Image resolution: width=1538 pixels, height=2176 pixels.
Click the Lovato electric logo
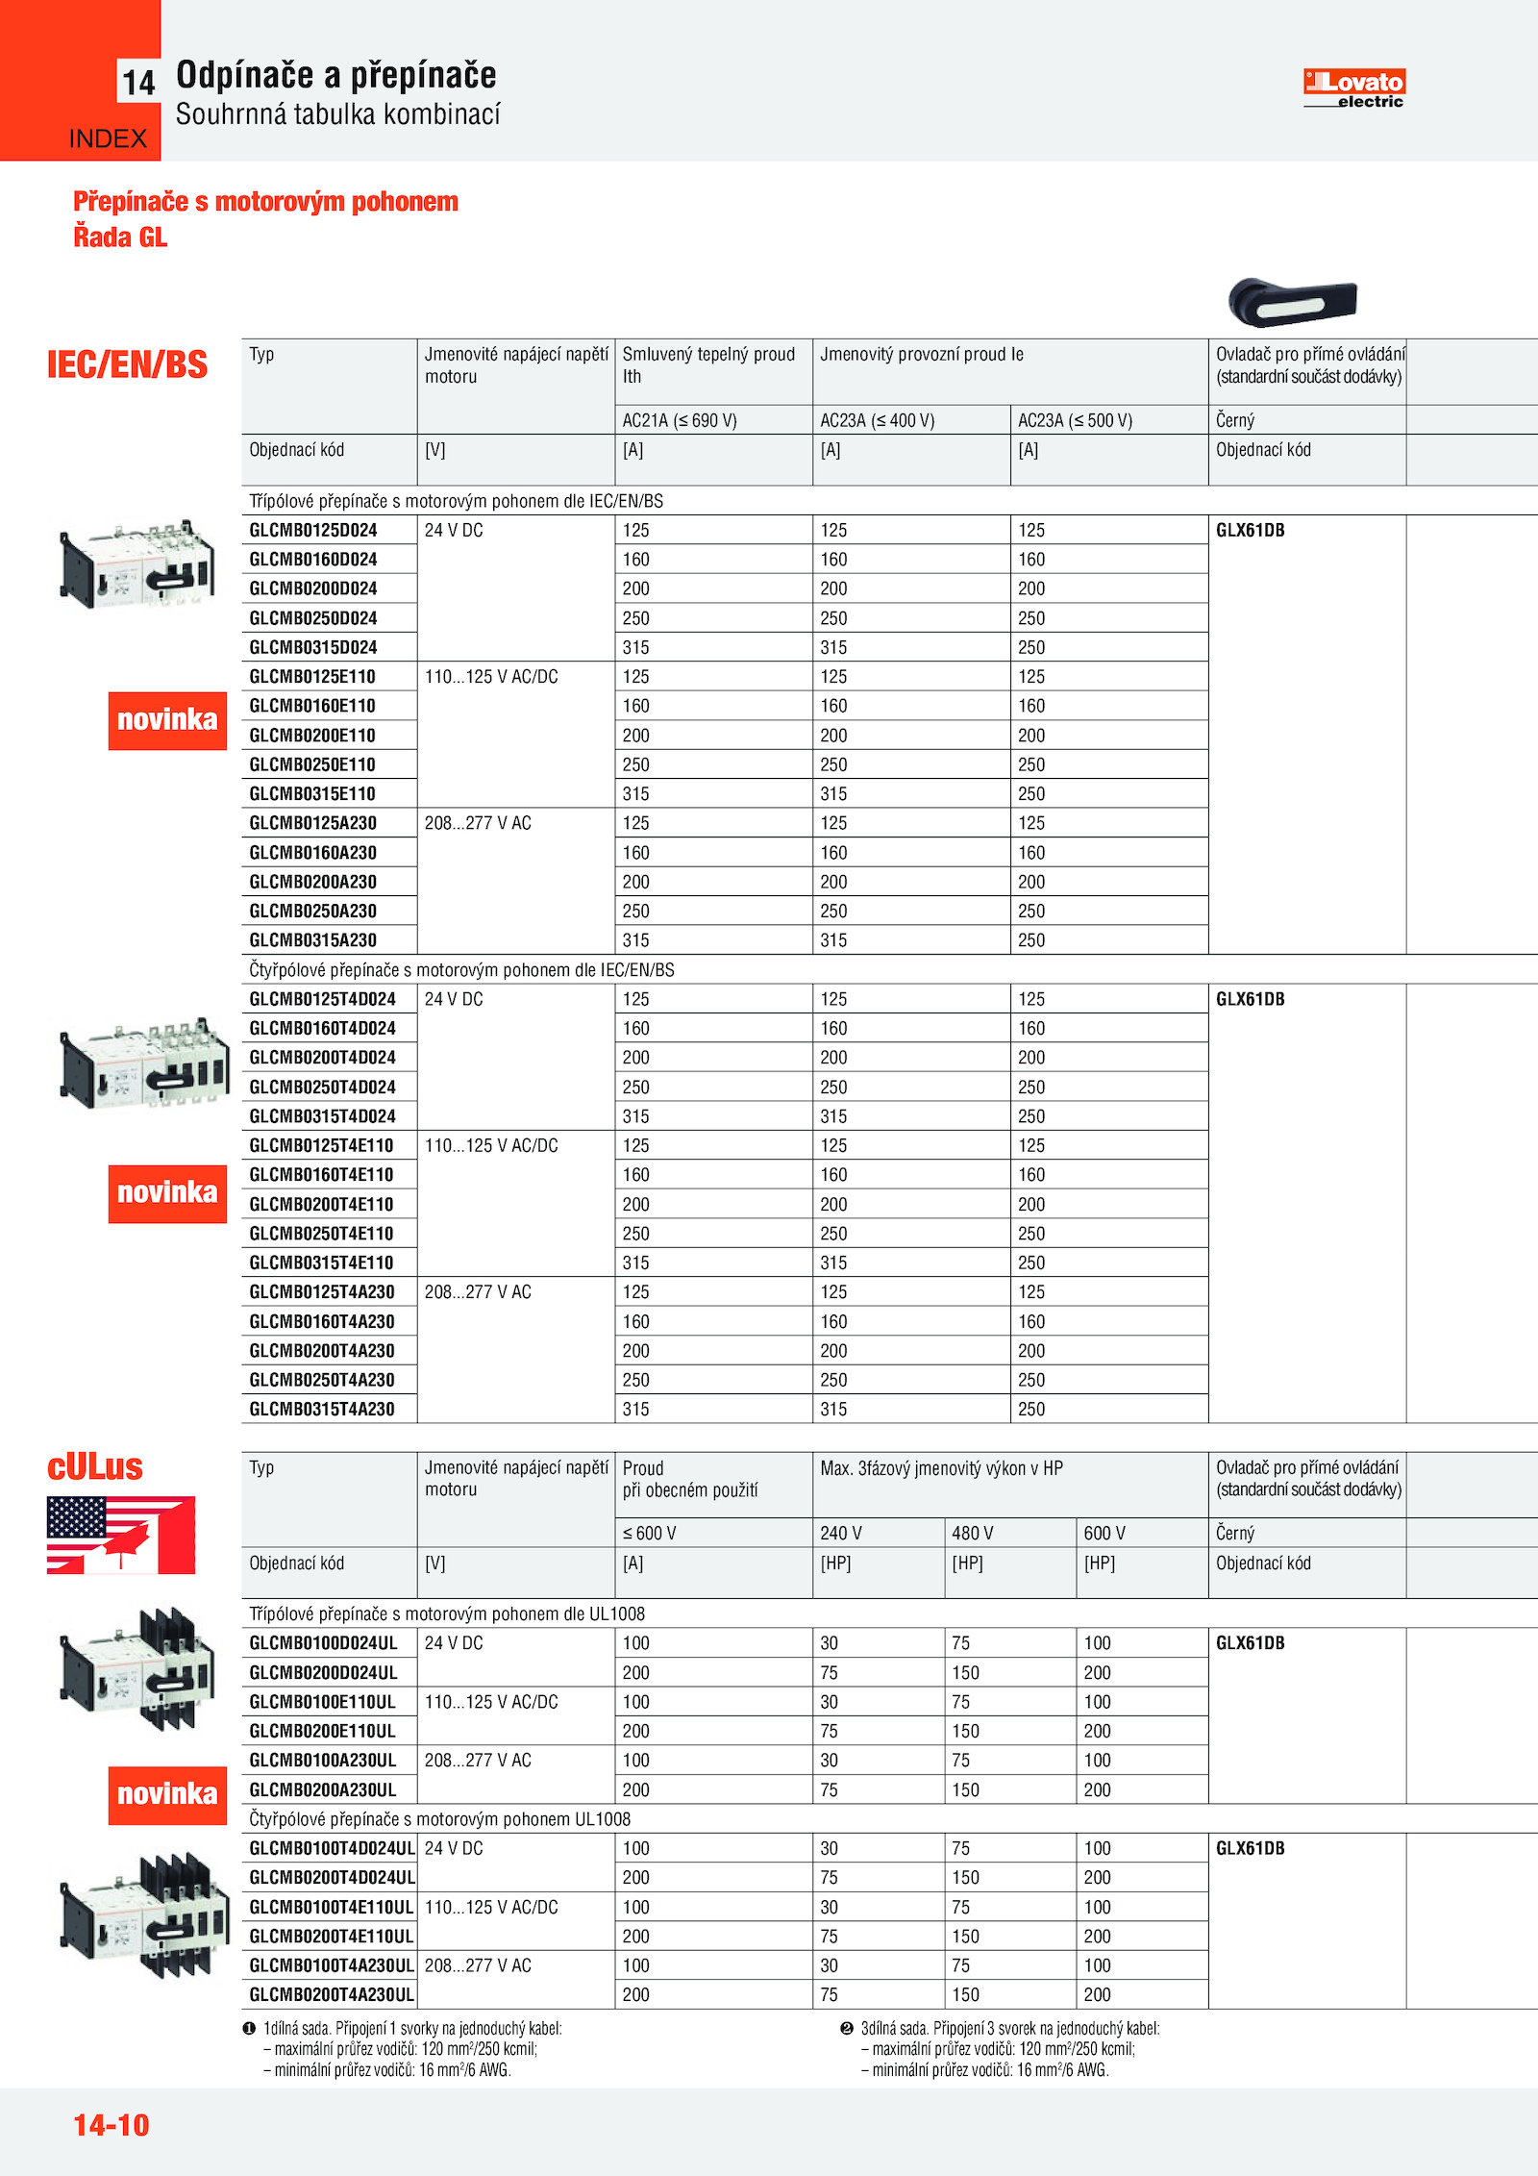1353,88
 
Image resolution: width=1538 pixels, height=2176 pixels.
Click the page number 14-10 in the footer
112,2124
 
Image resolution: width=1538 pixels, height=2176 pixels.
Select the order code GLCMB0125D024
313,530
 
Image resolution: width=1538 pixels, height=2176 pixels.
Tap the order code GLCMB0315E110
312,793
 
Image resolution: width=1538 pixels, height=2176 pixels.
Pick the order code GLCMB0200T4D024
322,1057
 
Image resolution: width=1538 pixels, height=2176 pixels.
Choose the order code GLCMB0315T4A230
322,1409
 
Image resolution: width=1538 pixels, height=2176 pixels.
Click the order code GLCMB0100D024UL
323,1642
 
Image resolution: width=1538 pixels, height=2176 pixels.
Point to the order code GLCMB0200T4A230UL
332,1994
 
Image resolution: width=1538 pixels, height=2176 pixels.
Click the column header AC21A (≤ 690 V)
680,420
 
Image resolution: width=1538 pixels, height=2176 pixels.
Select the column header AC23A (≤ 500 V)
1076,420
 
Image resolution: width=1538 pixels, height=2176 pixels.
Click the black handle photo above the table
1292,302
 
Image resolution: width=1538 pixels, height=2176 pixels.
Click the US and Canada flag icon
121,1535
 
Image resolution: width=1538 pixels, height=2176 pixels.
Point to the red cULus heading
95,1466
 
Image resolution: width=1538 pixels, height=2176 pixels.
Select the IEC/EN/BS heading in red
127,365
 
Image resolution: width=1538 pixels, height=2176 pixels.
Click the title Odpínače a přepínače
335,75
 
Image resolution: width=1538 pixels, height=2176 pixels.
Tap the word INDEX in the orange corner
108,138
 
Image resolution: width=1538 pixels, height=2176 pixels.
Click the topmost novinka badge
167,720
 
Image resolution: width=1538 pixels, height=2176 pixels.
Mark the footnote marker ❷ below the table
847,2028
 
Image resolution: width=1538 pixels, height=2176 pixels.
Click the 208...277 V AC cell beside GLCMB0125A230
478,823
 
